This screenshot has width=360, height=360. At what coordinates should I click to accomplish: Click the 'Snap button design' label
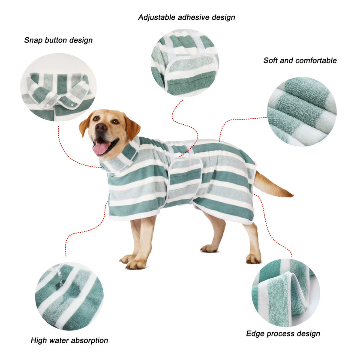(58, 40)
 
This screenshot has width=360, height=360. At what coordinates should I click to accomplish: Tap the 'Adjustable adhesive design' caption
(186, 18)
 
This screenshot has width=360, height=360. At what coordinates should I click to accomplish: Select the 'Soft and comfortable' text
(300, 60)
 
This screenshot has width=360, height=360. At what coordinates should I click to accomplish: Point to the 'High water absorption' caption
(69, 340)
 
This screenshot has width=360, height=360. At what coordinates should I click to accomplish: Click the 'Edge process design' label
(283, 333)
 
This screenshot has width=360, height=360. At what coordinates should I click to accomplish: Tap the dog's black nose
(101, 128)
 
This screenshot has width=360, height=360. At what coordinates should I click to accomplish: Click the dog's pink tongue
(101, 148)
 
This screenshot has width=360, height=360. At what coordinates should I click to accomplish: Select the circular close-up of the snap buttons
(58, 87)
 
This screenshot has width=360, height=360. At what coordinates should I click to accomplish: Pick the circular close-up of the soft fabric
(302, 112)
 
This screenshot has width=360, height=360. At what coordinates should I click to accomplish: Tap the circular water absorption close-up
(69, 296)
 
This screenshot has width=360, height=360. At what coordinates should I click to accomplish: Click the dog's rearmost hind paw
(254, 258)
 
